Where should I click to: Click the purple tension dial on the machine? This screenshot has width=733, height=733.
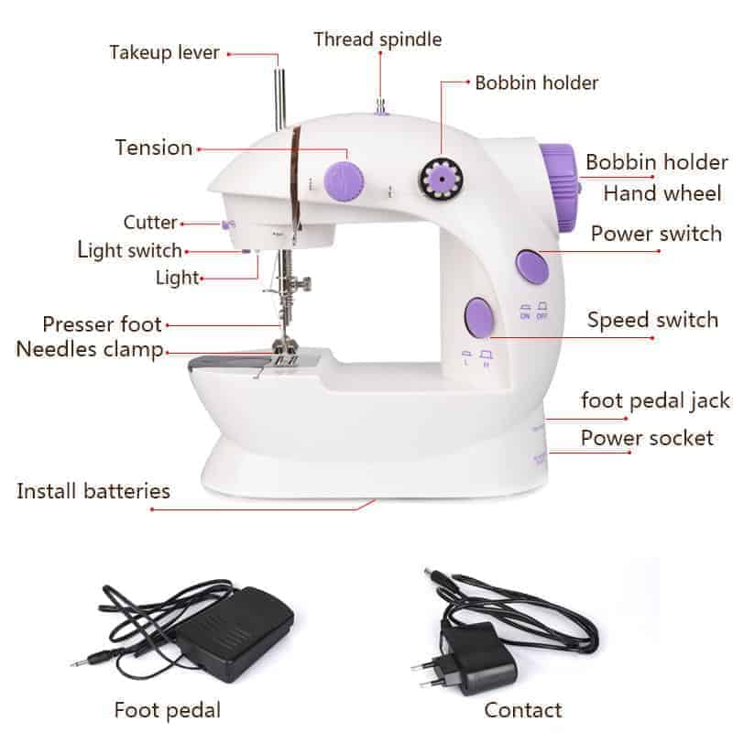pyautogui.click(x=344, y=181)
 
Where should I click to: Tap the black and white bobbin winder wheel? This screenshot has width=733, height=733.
pyautogui.click(x=441, y=179)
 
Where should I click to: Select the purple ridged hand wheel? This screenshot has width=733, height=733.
pyautogui.click(x=560, y=187)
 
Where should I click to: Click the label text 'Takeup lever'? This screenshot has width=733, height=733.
pyautogui.click(x=164, y=52)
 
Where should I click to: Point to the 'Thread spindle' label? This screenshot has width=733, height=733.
pyautogui.click(x=377, y=39)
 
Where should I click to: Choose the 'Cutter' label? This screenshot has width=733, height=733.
pyautogui.click(x=150, y=223)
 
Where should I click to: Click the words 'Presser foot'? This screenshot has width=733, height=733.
pyautogui.click(x=102, y=324)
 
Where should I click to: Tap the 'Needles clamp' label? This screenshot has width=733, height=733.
pyautogui.click(x=90, y=349)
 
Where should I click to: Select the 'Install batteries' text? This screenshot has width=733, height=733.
pyautogui.click(x=93, y=491)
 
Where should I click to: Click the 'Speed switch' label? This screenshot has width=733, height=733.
pyautogui.click(x=652, y=320)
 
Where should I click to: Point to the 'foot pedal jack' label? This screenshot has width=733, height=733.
pyautogui.click(x=655, y=400)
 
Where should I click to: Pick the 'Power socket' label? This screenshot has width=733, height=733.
pyautogui.click(x=647, y=438)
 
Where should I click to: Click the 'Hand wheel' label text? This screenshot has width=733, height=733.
pyautogui.click(x=662, y=193)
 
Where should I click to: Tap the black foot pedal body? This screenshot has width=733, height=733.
pyautogui.click(x=234, y=633)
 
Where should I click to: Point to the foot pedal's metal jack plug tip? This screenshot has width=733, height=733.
pyautogui.click(x=74, y=663)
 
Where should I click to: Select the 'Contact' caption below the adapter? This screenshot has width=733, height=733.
pyautogui.click(x=523, y=710)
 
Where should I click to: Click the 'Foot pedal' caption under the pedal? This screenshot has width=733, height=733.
pyautogui.click(x=168, y=710)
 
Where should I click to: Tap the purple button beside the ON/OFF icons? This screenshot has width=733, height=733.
pyautogui.click(x=532, y=268)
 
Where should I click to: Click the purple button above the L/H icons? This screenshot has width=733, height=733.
pyautogui.click(x=479, y=317)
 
